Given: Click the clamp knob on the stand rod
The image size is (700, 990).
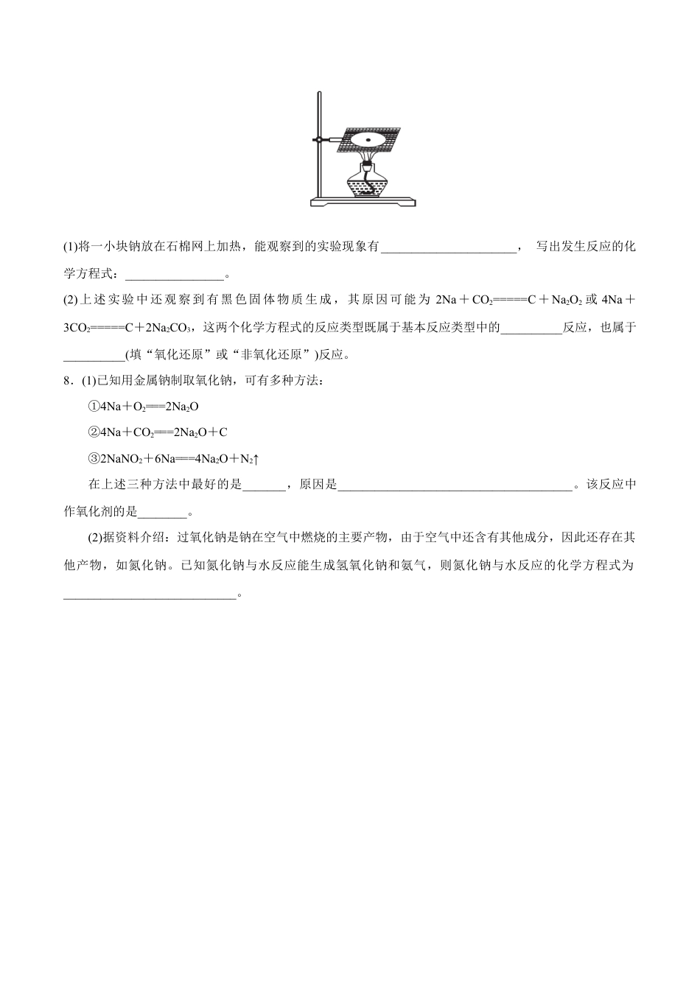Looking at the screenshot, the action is pyautogui.click(x=318, y=138).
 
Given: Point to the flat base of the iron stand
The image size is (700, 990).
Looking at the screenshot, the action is pyautogui.click(x=363, y=201).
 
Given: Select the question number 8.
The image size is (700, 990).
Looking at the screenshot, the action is pyautogui.click(x=67, y=380).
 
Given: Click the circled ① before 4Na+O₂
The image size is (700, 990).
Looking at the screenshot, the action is pyautogui.click(x=94, y=406).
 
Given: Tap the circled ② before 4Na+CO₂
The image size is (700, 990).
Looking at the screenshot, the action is pyautogui.click(x=94, y=432).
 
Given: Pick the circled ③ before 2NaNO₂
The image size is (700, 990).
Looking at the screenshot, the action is pyautogui.click(x=94, y=459).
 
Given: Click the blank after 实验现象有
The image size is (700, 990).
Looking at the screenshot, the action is pyautogui.click(x=449, y=247).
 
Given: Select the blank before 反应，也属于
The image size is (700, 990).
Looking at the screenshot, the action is pyautogui.click(x=531, y=327).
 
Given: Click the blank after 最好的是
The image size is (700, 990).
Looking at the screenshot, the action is pyautogui.click(x=263, y=485).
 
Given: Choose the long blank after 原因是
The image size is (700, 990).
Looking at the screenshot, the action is pyautogui.click(x=455, y=485).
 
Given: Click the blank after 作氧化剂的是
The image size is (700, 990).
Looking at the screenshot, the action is pyautogui.click(x=163, y=512).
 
